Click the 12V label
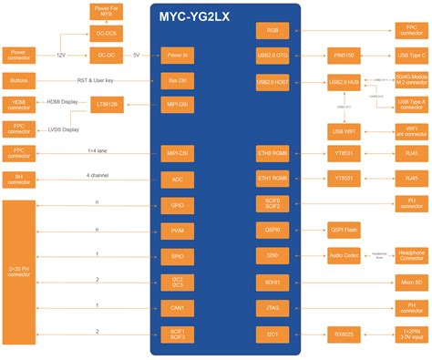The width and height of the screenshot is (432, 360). pyautogui.click(x=61, y=56)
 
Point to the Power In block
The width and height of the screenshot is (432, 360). pyautogui.click(x=177, y=56)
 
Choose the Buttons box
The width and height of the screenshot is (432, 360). pyautogui.click(x=18, y=80)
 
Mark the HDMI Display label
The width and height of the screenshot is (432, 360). pyautogui.click(x=64, y=102)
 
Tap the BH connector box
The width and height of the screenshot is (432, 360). pyautogui.click(x=18, y=178)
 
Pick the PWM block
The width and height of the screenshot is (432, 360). pyautogui.click(x=177, y=231)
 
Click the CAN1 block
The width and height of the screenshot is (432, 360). pyautogui.click(x=177, y=309)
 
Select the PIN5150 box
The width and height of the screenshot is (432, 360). pyautogui.click(x=345, y=56)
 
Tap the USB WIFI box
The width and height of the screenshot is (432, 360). pyautogui.click(x=345, y=129)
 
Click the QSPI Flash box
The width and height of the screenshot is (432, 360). pyautogui.click(x=345, y=231)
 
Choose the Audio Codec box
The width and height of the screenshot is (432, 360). pyautogui.click(x=345, y=257)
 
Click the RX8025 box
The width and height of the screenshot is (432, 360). pyautogui.click(x=345, y=334)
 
